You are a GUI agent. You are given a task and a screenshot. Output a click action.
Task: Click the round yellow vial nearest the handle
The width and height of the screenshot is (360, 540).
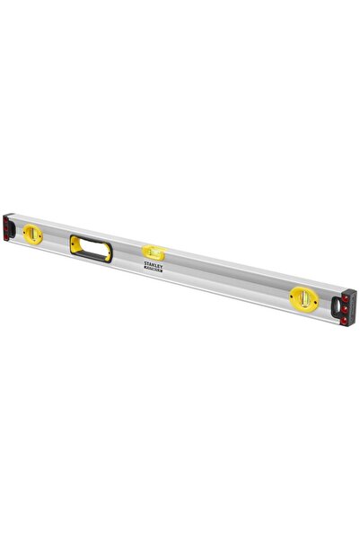click(x=34, y=235)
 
